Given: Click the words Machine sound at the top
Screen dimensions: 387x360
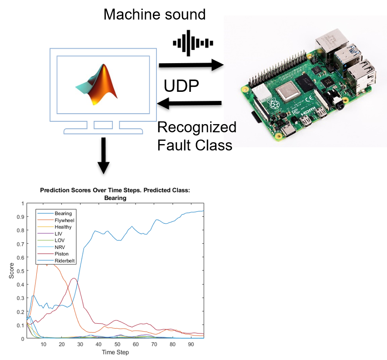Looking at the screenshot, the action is tap(155, 14).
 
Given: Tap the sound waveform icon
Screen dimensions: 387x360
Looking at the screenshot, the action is tap(193, 43).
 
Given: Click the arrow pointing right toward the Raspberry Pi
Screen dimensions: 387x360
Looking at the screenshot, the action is tap(191, 65).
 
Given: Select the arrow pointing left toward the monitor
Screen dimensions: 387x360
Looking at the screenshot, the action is tap(189, 103).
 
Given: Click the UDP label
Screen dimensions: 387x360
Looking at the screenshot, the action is tap(181, 86).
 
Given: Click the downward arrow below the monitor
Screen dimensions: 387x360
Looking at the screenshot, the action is tap(103, 156).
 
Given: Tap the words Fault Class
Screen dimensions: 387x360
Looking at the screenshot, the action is tap(195, 145).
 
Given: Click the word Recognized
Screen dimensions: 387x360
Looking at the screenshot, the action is tap(197, 128).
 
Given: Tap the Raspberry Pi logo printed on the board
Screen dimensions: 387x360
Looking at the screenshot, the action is tap(273, 105).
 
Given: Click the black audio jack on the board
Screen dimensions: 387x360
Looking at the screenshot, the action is tap(341, 105).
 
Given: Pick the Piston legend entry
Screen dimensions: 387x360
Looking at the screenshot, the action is tap(53, 254).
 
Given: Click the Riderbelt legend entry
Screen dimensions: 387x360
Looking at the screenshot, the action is tap(56, 260).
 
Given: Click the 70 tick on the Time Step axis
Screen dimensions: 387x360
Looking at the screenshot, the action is tap(154, 344).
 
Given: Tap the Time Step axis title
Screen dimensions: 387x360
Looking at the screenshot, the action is tap(115, 352).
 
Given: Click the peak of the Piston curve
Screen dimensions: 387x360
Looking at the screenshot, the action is tap(74, 278).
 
